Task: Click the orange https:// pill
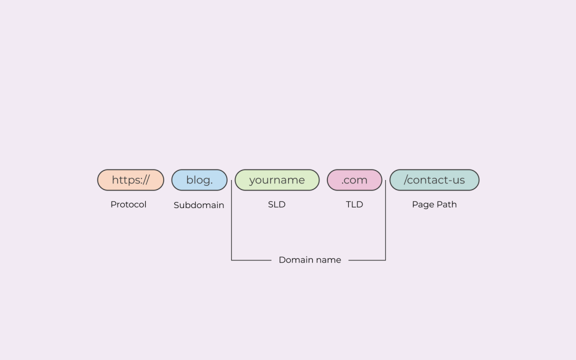point(130,180)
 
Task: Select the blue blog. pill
point(199,180)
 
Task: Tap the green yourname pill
point(277,180)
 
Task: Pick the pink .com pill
point(354,180)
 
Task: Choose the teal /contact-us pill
point(434,180)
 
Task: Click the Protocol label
point(128,205)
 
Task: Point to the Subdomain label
point(199,205)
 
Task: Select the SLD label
point(277,205)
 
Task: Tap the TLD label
point(354,205)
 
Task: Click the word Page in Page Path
point(423,205)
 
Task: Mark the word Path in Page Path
point(446,205)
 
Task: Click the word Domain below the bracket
point(296,260)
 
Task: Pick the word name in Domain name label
point(328,260)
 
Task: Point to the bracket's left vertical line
point(231,225)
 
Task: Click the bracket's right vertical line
point(385,225)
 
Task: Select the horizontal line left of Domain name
point(251,260)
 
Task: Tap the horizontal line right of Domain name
point(367,260)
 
